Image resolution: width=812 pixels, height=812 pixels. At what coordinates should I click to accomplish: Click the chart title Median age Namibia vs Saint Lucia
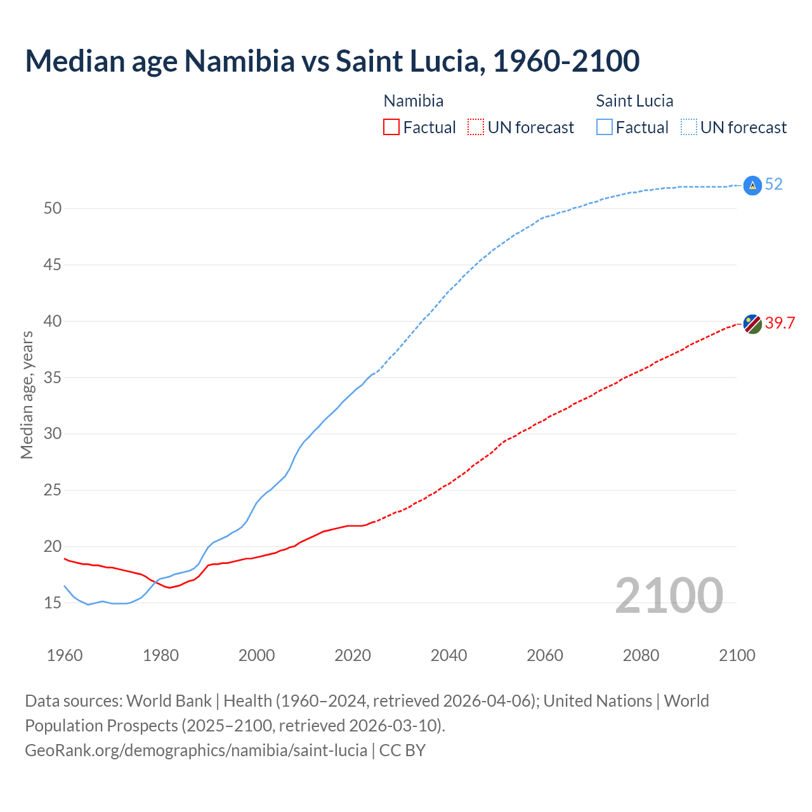[332, 61]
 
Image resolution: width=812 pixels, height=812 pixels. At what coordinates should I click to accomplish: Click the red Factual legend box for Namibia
[391, 127]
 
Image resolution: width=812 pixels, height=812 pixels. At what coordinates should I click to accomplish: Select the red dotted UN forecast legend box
[476, 127]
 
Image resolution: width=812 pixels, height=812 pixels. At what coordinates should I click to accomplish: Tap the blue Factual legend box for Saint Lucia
[605, 127]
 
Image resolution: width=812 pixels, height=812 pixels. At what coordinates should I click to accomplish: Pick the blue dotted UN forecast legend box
[688, 127]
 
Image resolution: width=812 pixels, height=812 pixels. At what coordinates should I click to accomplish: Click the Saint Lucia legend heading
[634, 101]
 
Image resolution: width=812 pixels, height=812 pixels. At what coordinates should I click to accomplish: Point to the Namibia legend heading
[414, 101]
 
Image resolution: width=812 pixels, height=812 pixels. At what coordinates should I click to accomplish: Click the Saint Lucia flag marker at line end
[752, 185]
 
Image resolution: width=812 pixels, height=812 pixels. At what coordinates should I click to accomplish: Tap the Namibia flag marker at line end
[752, 324]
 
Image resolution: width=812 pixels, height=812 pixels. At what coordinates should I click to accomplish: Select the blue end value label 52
[774, 185]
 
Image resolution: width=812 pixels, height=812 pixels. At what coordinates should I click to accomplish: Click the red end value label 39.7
[780, 323]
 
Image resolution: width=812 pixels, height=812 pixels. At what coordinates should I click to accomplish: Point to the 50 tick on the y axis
[52, 208]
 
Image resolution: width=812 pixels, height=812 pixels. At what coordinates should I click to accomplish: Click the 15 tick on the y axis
[52, 603]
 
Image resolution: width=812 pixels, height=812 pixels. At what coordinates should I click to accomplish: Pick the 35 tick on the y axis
[52, 377]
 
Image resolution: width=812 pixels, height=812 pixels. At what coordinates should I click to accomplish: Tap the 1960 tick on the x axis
[65, 655]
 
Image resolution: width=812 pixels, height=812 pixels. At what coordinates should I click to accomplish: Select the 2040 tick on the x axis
[449, 655]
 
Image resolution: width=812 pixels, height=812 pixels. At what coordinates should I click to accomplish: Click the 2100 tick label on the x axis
[737, 655]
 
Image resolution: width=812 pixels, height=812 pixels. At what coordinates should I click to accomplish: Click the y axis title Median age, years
[27, 395]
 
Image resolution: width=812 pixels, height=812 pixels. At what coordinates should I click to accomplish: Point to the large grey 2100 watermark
[669, 595]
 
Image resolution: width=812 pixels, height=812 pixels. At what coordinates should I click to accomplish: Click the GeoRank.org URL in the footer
[196, 750]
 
